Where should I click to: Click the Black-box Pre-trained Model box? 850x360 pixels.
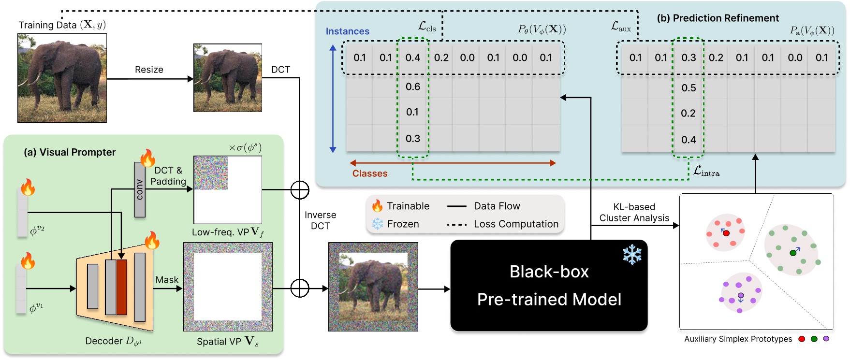click(549, 286)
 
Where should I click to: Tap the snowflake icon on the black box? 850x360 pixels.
click(632, 254)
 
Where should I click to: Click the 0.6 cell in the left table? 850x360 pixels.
click(412, 87)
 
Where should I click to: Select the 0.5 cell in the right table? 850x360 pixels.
click(689, 88)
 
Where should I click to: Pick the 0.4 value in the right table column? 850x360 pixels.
click(689, 140)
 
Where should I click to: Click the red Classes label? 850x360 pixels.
click(370, 173)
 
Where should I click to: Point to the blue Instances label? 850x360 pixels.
click(347, 31)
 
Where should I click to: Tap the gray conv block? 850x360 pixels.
click(140, 189)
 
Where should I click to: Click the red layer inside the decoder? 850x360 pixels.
click(121, 287)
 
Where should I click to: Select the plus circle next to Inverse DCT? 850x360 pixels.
click(300, 288)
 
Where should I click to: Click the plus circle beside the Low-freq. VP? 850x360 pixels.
click(300, 189)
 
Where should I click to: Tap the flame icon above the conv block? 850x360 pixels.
click(147, 158)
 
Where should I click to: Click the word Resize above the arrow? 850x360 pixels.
click(149, 70)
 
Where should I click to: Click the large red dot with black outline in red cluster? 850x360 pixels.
click(726, 233)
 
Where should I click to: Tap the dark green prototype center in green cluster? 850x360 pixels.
click(793, 253)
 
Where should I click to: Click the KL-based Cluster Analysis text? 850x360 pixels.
click(634, 213)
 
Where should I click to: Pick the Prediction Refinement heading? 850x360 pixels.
click(718, 18)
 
